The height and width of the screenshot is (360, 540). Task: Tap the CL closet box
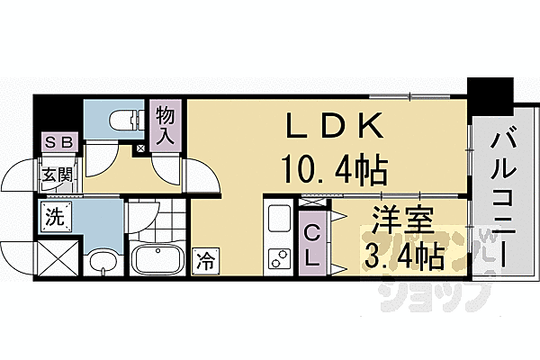tap(311, 244)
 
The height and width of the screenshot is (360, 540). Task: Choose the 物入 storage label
tap(165, 126)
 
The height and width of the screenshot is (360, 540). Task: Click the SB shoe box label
tap(58, 142)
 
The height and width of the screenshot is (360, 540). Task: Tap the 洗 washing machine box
tap(56, 217)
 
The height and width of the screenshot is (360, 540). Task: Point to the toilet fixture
tap(120, 117)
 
